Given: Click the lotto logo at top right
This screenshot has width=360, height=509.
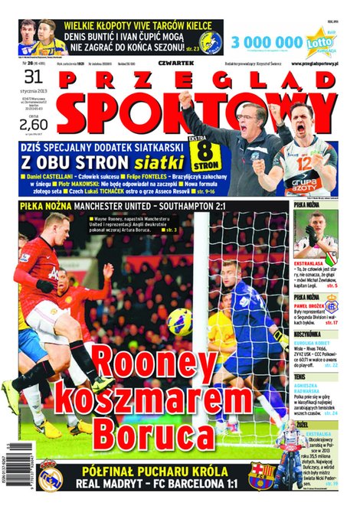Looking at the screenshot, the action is click(319, 41).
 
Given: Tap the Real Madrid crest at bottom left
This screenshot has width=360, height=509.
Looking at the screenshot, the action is click(51, 476).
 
